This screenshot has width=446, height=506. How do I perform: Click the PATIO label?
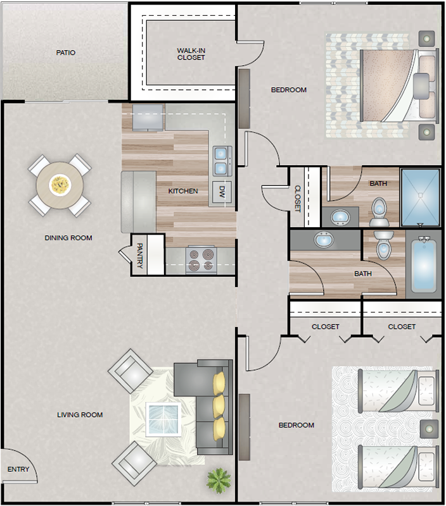pos(66,52)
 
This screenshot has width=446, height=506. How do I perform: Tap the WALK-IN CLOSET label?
pos(191,54)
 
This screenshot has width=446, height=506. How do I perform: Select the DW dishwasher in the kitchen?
pos(222,192)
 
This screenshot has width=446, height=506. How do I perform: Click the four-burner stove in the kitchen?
pos(201,260)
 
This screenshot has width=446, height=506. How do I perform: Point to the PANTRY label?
pos(139,256)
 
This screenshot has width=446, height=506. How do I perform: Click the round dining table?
pos(60,185)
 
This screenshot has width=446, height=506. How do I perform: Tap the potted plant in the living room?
pos(219,480)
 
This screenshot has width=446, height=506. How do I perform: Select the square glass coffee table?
pos(163,419)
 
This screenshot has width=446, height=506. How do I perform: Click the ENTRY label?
pos(18,469)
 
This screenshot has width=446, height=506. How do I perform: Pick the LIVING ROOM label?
pos(80,415)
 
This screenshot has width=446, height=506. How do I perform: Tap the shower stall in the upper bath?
pos(420,197)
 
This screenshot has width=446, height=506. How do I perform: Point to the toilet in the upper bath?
pos(379,212)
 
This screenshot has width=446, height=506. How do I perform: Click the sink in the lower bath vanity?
pos(324,240)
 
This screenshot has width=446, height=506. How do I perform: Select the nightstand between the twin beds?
pos(429,429)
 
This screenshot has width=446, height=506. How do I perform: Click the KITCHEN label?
pos(183,191)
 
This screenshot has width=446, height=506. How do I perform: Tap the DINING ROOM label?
pos(68,238)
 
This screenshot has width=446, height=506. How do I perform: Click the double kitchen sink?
pos(222,161)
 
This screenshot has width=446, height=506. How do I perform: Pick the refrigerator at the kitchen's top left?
pos(148,117)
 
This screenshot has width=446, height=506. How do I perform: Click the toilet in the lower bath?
pos(384,245)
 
